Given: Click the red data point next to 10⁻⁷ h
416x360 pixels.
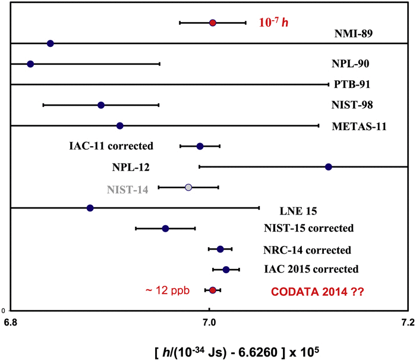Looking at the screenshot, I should pyautogui.click(x=213, y=23).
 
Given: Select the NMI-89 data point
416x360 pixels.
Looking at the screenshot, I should pyautogui.click(x=51, y=43).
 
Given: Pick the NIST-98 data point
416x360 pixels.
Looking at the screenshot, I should pyautogui.click(x=101, y=105).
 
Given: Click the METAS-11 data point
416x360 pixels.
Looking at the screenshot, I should pyautogui.click(x=120, y=126).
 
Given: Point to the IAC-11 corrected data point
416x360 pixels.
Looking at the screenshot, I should pyautogui.click(x=200, y=146).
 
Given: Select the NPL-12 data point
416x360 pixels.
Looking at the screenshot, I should pyautogui.click(x=329, y=167).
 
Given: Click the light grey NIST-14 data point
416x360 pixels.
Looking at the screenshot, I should pyautogui.click(x=189, y=187).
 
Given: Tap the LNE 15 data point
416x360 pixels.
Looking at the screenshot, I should pyautogui.click(x=90, y=208).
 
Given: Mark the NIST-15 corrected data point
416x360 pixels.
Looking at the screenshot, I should pyautogui.click(x=166, y=229).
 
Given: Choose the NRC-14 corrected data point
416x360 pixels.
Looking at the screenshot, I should pyautogui.click(x=220, y=249).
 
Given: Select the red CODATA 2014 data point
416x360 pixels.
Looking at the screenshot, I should pyautogui.click(x=213, y=290).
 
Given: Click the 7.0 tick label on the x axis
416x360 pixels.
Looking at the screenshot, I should pyautogui.click(x=209, y=323).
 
